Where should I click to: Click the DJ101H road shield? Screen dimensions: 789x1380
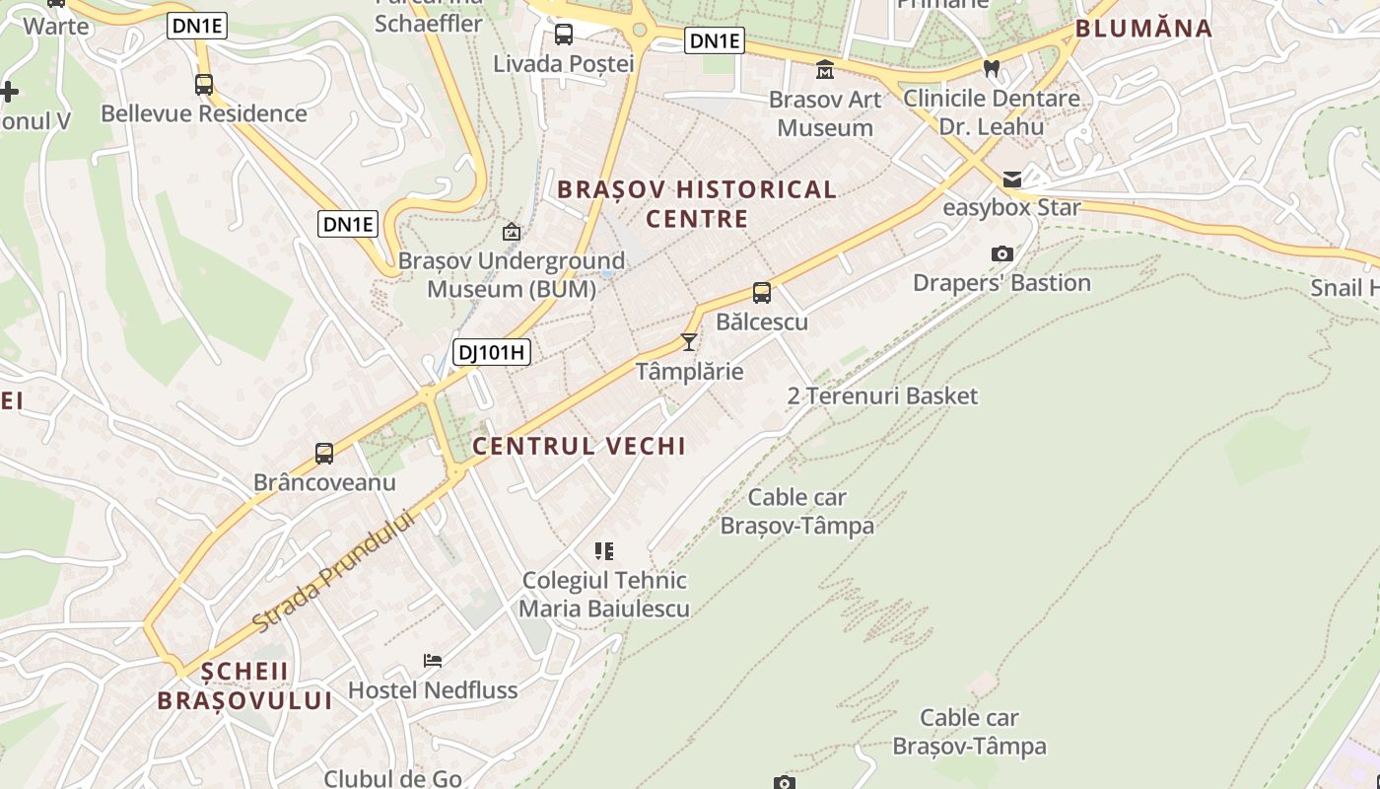click(x=492, y=352)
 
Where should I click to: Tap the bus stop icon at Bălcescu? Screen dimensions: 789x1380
click(x=762, y=292)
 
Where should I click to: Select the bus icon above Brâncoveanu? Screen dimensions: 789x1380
click(x=324, y=454)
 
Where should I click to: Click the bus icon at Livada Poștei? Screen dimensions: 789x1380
click(x=564, y=35)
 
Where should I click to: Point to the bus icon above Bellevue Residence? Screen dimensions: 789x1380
click(x=204, y=85)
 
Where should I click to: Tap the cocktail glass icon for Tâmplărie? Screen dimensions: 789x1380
click(x=689, y=342)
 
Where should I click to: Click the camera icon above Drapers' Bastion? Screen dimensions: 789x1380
click(x=1002, y=253)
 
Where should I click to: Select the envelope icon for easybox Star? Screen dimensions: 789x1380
click(x=1012, y=179)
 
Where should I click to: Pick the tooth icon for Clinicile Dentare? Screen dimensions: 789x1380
click(x=992, y=69)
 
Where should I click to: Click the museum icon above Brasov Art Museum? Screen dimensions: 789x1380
click(x=825, y=70)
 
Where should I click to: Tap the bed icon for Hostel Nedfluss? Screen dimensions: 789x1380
click(x=433, y=660)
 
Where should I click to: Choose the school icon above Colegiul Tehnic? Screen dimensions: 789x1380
click(x=604, y=550)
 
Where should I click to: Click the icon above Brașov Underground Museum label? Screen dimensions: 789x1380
click(x=512, y=233)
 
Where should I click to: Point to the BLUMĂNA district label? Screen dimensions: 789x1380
click(x=1143, y=29)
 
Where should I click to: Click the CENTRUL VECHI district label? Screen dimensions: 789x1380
click(x=579, y=446)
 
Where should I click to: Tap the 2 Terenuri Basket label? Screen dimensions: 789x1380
click(x=882, y=396)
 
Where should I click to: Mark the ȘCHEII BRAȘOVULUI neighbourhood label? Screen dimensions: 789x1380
click(x=245, y=686)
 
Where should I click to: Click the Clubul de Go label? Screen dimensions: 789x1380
click(x=393, y=778)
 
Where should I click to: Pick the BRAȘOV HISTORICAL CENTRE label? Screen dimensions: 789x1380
click(x=697, y=203)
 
